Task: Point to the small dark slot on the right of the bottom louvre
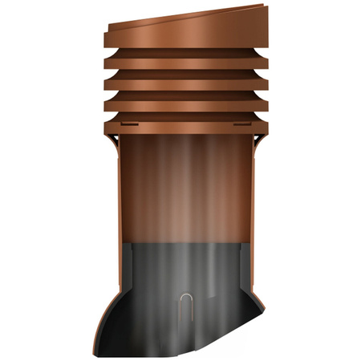pos(241,125)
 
